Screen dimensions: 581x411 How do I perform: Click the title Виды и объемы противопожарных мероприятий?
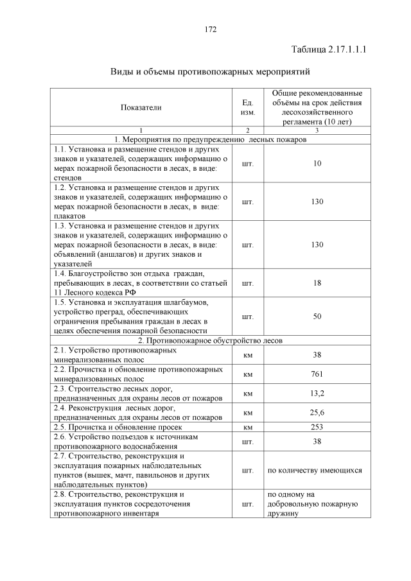point(210,71)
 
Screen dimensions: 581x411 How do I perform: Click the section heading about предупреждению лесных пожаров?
point(210,139)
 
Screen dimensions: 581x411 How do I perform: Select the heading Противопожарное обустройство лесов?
point(210,340)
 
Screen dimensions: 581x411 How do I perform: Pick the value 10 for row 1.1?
point(317,164)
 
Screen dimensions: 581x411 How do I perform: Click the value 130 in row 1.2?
point(317,202)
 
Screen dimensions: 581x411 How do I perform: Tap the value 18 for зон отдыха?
point(317,282)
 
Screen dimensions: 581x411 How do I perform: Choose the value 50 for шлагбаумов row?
point(317,317)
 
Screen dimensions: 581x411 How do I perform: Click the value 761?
point(317,374)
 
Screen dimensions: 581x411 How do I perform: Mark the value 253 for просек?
point(317,426)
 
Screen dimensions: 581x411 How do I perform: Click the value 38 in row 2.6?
point(317,441)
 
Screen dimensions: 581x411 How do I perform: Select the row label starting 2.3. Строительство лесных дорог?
point(138,393)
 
